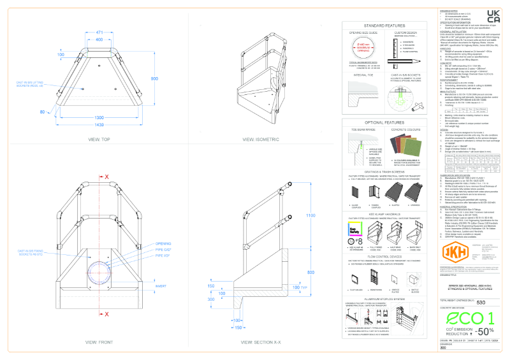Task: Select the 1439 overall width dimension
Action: click(99, 125)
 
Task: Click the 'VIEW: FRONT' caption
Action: click(99, 342)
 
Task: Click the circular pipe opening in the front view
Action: click(99, 270)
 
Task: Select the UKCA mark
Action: click(492, 17)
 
